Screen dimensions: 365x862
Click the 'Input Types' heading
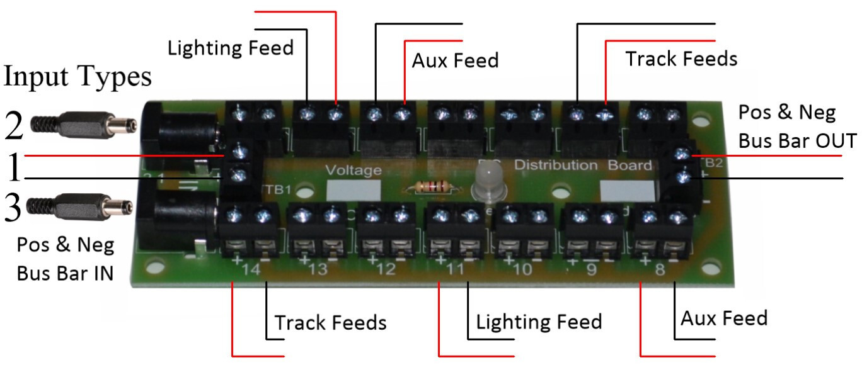pos(78,77)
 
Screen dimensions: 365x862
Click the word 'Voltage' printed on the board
pos(353,171)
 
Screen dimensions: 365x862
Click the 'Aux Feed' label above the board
pos(455,60)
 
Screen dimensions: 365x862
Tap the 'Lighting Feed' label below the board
pos(539,322)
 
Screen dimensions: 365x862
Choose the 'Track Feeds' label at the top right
pos(681,59)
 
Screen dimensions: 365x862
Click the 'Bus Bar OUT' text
pos(797,140)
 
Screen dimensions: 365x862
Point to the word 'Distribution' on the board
pos(556,166)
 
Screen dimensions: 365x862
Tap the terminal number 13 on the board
pos(318,271)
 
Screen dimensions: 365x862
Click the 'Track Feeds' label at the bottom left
pos(330,323)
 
